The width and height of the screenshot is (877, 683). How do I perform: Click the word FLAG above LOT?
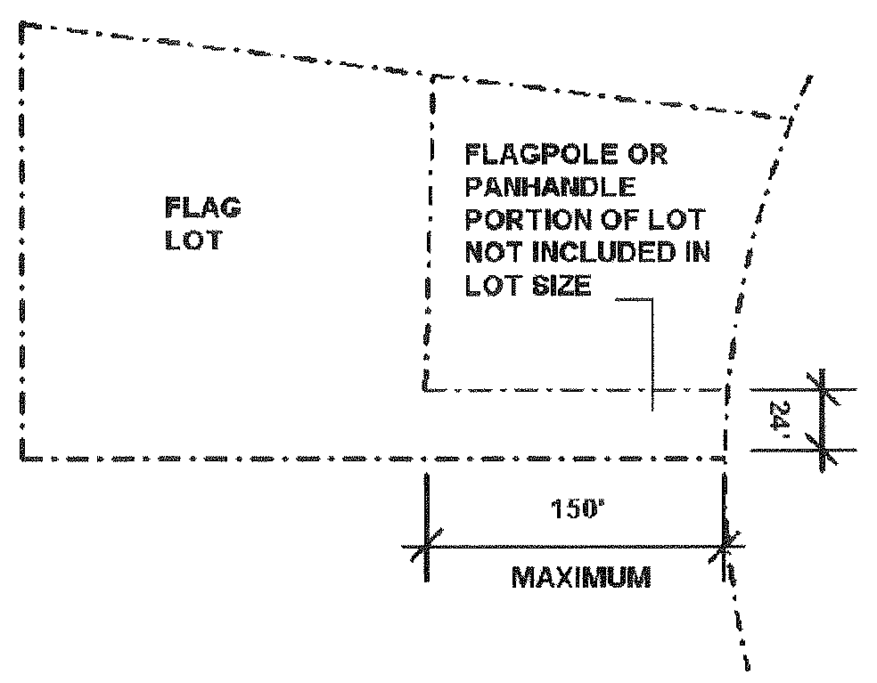click(203, 208)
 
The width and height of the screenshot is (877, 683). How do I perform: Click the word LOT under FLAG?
click(193, 240)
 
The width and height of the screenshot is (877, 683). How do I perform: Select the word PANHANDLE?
click(550, 187)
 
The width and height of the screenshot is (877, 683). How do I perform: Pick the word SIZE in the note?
click(561, 286)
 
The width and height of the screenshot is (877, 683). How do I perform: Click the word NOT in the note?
click(495, 253)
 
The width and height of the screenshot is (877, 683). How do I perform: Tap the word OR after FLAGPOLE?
click(646, 155)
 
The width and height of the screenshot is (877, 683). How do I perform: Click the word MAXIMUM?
click(580, 578)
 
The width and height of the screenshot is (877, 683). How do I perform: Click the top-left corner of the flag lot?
click(26, 29)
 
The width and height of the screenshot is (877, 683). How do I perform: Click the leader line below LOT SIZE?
click(653, 356)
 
